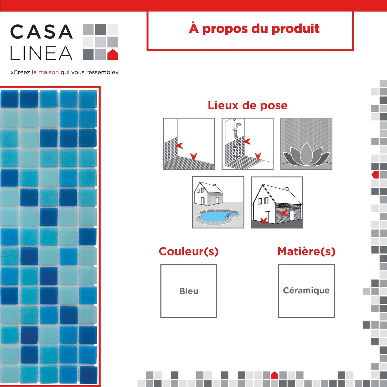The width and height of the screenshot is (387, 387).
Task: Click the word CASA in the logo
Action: tap(41, 32)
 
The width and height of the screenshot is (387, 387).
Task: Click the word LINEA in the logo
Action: tap(41, 53)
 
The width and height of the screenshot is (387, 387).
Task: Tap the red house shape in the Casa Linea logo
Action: tap(113, 54)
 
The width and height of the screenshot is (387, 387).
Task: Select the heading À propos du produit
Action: tap(254, 29)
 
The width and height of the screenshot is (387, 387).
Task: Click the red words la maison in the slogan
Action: tap(45, 72)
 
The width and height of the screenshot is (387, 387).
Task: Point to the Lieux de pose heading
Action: tap(247, 105)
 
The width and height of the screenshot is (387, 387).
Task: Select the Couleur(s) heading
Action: tap(189, 251)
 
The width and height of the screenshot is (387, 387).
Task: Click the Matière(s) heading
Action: tap(306, 251)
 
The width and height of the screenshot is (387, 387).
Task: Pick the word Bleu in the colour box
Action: tap(189, 291)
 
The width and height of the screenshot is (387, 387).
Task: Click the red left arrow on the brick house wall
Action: tap(284, 213)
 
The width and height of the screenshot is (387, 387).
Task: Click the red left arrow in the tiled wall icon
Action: tap(179, 146)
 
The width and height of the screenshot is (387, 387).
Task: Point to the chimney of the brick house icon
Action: tap(287, 189)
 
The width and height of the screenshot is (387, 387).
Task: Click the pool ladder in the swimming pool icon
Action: tap(228, 216)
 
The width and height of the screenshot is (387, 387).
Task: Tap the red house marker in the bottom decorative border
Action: tap(274, 375)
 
